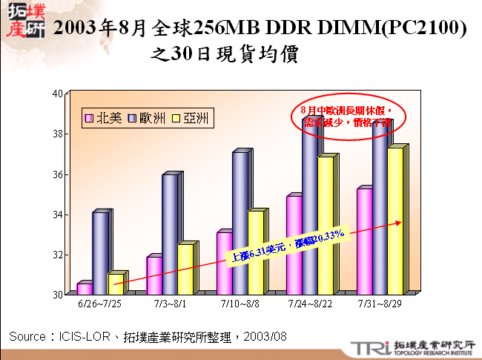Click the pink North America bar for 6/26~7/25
click(84, 289)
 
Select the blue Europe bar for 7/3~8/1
click(169, 234)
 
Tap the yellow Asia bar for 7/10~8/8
click(254, 252)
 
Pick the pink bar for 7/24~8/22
click(294, 245)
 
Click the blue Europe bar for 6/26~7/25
click(99, 252)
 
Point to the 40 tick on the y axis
click(57, 94)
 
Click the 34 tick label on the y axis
click(57, 215)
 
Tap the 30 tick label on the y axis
click(57, 295)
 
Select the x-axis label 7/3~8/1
click(171, 304)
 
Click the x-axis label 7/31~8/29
click(379, 304)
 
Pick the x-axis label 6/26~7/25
click(100, 304)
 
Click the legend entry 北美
click(103, 118)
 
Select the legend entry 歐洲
click(146, 118)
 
